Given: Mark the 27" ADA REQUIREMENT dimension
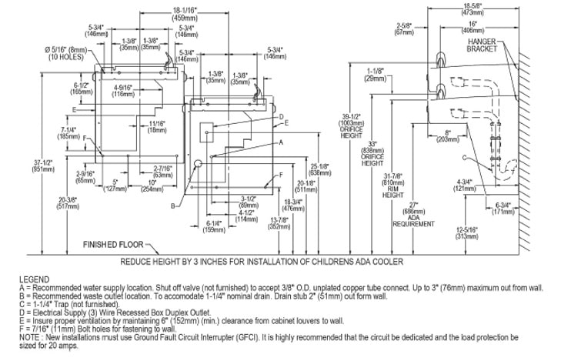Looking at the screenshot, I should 413,216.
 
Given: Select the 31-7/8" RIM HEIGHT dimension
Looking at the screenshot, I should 393,184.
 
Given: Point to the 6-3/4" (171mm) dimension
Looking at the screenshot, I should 502,208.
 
